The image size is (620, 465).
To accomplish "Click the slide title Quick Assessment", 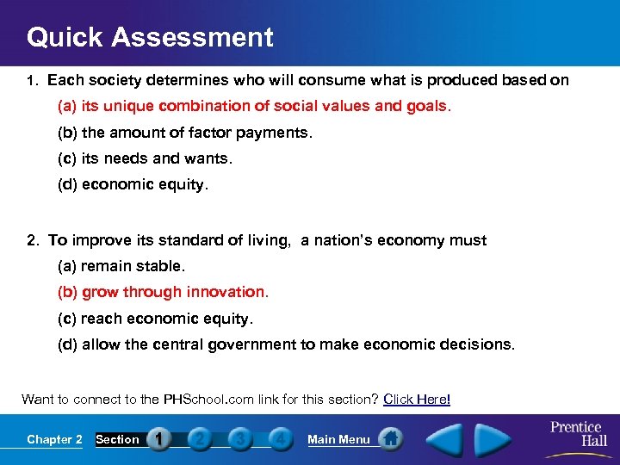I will [150, 37].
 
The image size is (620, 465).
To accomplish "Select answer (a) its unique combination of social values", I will [254, 106].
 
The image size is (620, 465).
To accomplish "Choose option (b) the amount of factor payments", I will [185, 133].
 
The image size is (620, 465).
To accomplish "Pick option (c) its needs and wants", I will [146, 158].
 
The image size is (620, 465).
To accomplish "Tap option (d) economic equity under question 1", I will [133, 185].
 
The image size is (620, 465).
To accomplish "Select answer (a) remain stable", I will [121, 266].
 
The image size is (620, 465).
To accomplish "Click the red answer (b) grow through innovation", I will [164, 292].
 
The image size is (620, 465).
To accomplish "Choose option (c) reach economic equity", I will [156, 319].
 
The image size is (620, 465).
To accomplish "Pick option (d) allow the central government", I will [286, 344].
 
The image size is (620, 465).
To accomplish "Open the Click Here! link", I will [417, 399].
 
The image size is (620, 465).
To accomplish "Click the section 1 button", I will [158, 439].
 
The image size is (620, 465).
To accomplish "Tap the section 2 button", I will [199, 439].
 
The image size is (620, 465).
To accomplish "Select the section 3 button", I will [239, 439].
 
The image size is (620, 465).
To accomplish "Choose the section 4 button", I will [279, 439].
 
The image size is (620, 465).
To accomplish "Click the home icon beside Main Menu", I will [390, 439].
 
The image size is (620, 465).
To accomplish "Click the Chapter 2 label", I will [54, 439].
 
